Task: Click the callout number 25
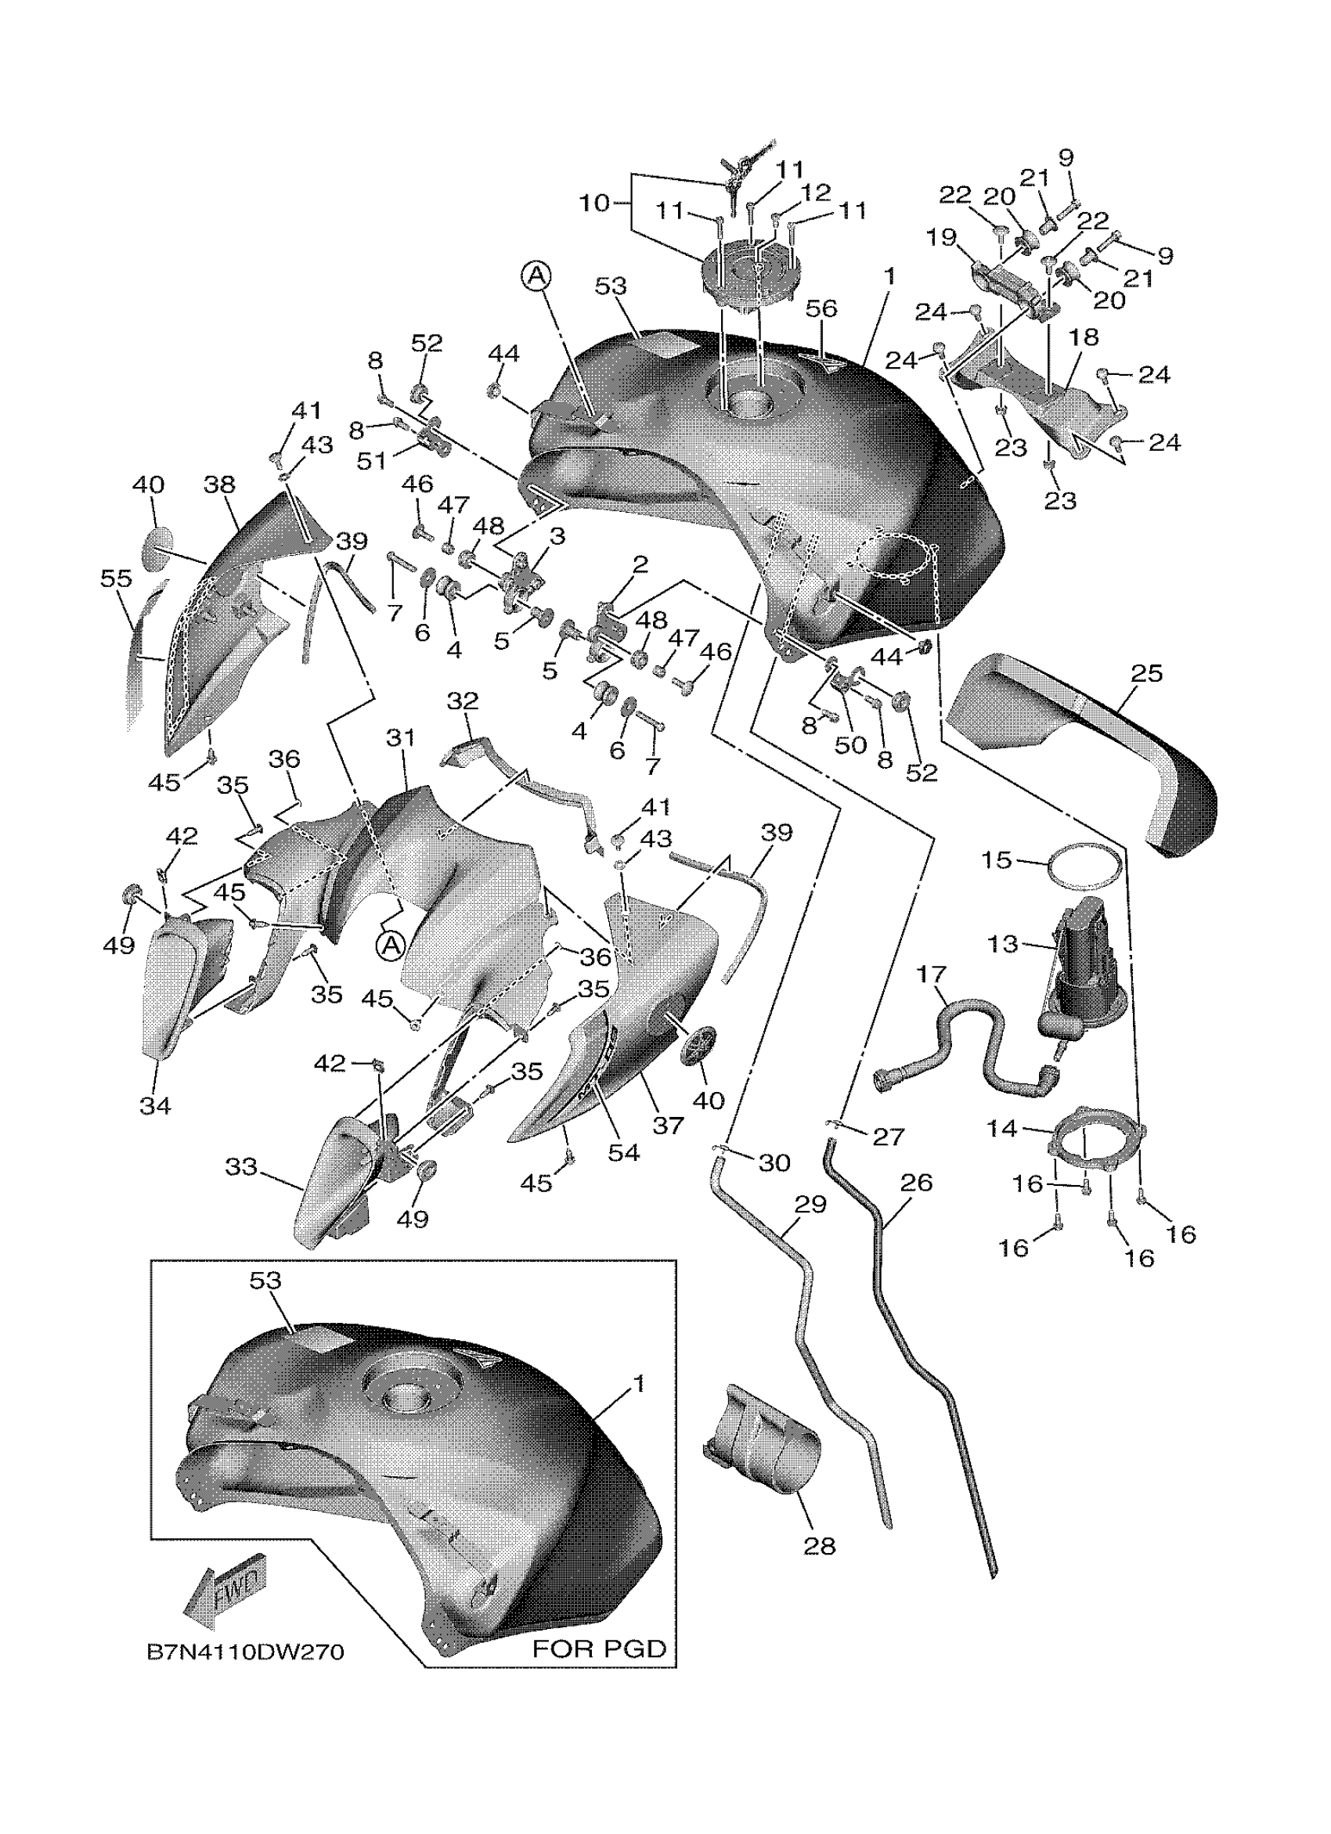(x=1147, y=673)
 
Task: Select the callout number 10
(x=594, y=202)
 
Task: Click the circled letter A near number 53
(x=536, y=276)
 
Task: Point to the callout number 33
(x=241, y=1167)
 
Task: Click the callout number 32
(x=463, y=701)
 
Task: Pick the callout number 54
(x=623, y=1153)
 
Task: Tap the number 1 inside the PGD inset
(x=639, y=1385)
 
